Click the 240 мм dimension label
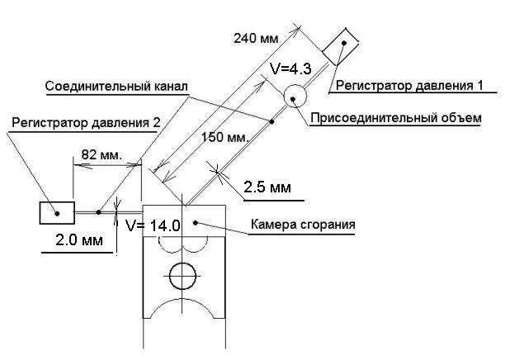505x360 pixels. click(x=256, y=38)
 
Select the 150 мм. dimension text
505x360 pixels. click(x=225, y=137)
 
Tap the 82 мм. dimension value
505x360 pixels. click(x=101, y=154)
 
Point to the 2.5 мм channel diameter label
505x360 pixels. click(x=267, y=187)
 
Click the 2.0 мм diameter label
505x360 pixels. click(x=79, y=240)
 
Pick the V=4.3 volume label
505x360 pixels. click(x=291, y=69)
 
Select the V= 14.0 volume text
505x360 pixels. click(x=153, y=225)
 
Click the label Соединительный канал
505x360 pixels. click(x=116, y=87)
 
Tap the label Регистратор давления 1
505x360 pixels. click(x=409, y=86)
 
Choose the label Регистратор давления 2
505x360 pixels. click(x=86, y=123)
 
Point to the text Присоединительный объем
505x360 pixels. click(x=396, y=118)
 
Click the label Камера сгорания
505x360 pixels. click(x=303, y=225)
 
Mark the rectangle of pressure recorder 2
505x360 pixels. click(x=57, y=213)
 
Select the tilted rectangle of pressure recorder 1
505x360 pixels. click(x=341, y=46)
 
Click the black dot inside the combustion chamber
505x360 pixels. click(x=195, y=222)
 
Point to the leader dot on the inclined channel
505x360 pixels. click(x=271, y=121)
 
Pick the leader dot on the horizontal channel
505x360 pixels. click(x=98, y=212)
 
